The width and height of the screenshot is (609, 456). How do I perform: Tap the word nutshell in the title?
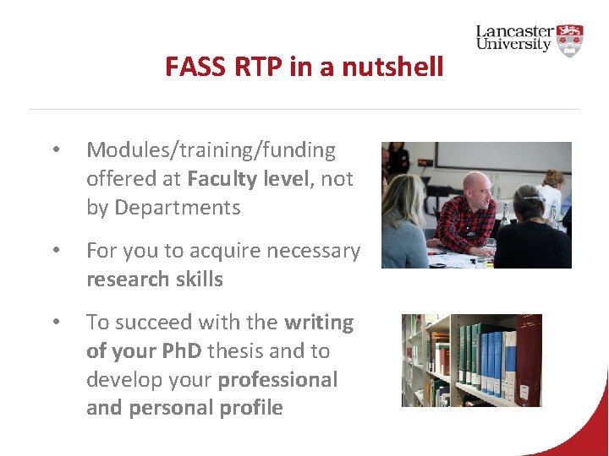click(392, 66)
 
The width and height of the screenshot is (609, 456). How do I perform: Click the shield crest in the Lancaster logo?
click(571, 40)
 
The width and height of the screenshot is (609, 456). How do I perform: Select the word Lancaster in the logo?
click(514, 31)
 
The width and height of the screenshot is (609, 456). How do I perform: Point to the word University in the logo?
click(513, 45)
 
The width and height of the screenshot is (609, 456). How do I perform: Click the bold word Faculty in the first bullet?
click(222, 179)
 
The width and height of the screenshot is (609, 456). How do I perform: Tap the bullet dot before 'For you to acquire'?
click(55, 252)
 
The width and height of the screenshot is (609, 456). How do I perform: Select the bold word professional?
click(277, 380)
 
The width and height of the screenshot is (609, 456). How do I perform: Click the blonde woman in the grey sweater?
click(404, 228)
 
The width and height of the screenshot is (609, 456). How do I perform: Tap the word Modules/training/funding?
click(211, 150)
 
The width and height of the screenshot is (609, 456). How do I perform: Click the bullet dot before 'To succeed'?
click(55, 323)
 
